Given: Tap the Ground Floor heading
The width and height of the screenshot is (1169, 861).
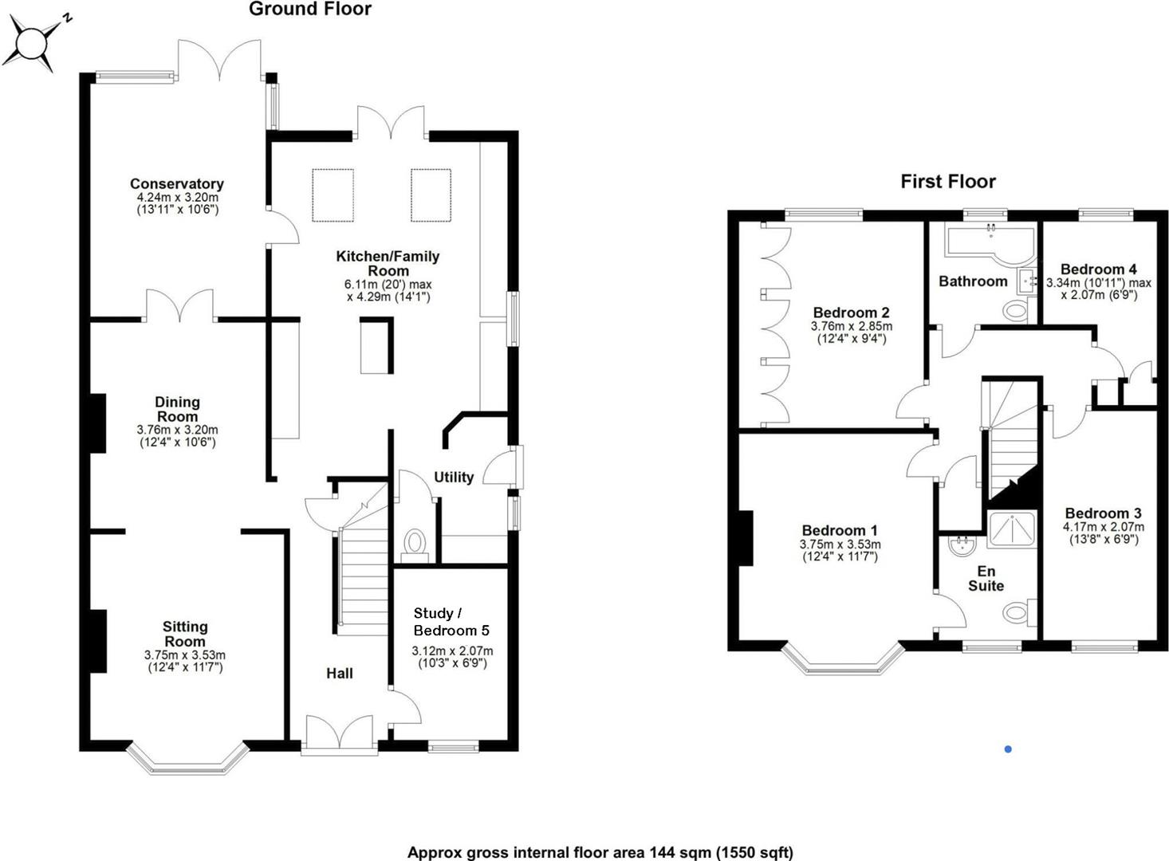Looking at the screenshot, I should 309,10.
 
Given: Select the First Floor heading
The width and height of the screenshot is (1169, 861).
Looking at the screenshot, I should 947,182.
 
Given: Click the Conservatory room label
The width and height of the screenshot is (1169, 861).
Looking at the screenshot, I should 176,184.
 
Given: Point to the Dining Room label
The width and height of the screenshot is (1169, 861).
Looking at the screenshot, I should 177,409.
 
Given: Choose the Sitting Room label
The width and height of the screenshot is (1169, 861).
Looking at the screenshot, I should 184,634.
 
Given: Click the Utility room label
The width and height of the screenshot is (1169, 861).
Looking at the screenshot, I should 453,477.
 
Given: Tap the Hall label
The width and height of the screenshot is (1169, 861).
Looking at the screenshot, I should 339,674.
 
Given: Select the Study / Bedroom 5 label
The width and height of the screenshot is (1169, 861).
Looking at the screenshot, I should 451,621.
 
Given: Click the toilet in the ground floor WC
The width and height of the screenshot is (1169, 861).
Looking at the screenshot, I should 415,543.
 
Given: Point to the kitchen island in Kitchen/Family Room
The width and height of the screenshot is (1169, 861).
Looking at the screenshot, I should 376,345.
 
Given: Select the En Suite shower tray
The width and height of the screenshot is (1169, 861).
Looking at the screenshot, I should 1011,529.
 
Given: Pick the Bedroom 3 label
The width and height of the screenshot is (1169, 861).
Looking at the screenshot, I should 1102,513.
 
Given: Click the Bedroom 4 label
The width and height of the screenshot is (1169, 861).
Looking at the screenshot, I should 1098,269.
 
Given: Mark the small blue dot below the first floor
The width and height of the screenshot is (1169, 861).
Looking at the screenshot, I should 1008,749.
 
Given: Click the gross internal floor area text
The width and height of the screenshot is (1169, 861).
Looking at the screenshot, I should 600,852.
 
